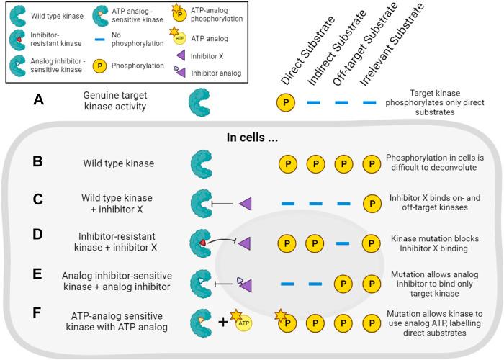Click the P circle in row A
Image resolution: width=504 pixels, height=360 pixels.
pos(286,104)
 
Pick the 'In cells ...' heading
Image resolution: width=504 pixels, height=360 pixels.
pos(248,138)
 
